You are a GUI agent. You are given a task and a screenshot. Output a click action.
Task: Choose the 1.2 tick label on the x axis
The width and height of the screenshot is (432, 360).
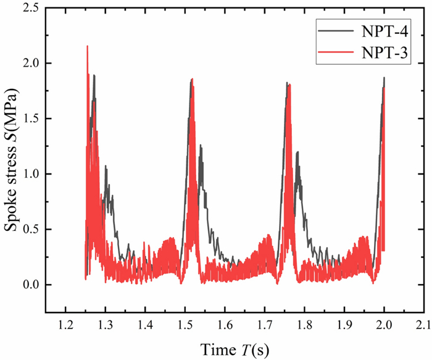click(65, 325)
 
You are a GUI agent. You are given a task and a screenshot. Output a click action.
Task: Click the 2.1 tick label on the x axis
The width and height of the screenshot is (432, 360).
click(423, 325)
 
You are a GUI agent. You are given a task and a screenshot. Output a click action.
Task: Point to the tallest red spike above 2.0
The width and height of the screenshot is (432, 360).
click(87, 47)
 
